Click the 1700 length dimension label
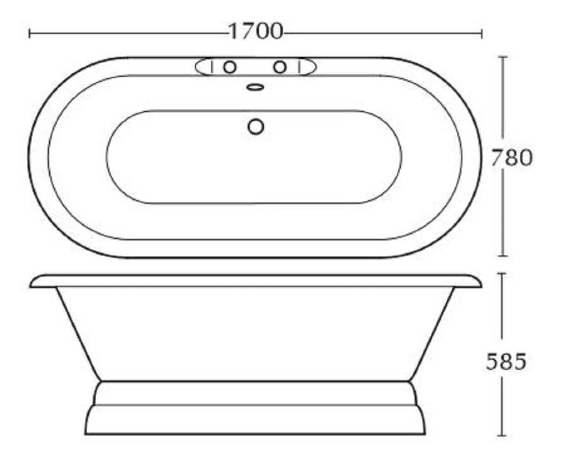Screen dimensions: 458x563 256,32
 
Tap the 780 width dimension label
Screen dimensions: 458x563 511,158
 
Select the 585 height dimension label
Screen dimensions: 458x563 506,362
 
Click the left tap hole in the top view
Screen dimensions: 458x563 229,67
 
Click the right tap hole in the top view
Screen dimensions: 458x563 280,67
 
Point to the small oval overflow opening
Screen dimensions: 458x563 255,87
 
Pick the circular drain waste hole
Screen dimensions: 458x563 256,126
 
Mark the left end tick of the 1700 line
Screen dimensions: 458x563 30,33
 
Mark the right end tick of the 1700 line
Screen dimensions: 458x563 482,33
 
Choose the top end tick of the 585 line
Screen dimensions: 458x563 503,274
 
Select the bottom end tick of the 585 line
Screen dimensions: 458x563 503,435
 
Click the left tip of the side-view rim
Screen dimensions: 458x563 30,285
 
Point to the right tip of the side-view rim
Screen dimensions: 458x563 481,285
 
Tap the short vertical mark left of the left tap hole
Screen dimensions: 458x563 212,67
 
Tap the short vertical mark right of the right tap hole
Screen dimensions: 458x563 298,67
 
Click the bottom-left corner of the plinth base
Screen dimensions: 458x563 86,434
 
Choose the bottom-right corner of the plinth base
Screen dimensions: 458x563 425,434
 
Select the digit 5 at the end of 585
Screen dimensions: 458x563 517,362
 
